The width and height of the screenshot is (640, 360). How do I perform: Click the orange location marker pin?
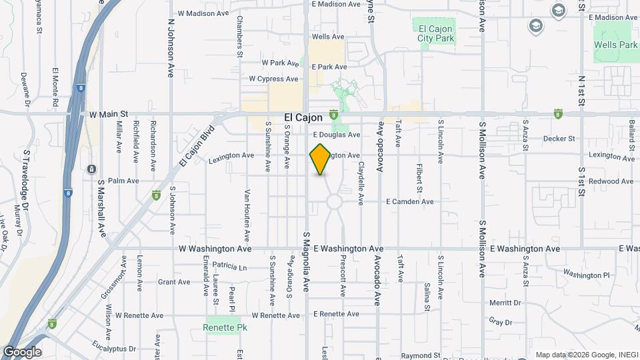coord(320,159)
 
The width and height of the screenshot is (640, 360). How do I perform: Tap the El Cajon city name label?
coord(303,117)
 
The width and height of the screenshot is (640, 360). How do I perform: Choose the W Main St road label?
coord(108,115)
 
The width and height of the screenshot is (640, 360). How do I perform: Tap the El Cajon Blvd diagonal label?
coord(198,146)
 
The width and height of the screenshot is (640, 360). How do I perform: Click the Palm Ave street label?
coord(123,181)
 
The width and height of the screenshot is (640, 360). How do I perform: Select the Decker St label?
coord(559,139)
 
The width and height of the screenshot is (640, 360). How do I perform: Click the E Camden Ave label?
coord(410,201)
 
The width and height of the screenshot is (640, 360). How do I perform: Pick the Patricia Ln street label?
coord(231,267)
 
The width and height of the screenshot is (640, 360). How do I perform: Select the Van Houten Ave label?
coord(247,215)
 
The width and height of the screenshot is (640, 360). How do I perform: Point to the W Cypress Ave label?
coord(273,79)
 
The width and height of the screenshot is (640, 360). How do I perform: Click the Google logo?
coord(22,352)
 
